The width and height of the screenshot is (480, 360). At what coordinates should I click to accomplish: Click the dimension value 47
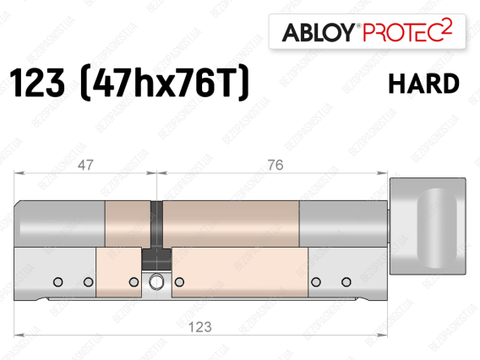pyautogui.click(x=85, y=166)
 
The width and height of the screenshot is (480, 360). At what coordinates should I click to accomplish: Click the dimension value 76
pyautogui.click(x=275, y=166)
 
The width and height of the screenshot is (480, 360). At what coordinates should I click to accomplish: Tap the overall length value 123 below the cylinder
pyautogui.click(x=200, y=327)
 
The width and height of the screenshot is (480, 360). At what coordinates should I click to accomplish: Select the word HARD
pyautogui.click(x=424, y=84)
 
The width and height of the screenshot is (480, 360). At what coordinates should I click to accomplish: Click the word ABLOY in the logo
pyautogui.click(x=319, y=32)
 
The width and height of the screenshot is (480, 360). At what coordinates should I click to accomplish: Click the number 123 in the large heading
pyautogui.click(x=37, y=83)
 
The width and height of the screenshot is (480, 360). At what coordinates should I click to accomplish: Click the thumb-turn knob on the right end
pyautogui.click(x=428, y=226)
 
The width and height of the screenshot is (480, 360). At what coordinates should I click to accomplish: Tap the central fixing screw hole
pyautogui.click(x=156, y=282)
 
